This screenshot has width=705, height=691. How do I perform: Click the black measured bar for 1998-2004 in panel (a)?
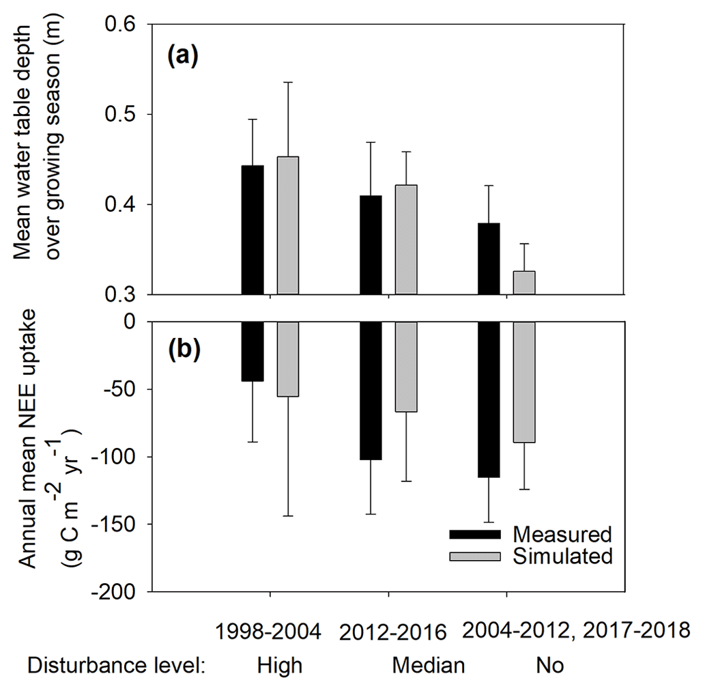(253, 230)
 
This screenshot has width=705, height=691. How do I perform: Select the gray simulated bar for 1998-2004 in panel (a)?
(287, 226)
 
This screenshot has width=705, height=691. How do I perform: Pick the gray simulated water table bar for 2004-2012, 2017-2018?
(523, 283)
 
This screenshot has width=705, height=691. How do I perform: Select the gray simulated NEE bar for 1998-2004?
(287, 359)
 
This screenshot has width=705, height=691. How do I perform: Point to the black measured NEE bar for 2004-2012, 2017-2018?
(489, 399)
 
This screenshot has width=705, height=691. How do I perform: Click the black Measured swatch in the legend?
(474, 533)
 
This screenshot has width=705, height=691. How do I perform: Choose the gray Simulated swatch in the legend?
(474, 556)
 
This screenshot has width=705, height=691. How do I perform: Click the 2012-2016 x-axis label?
(392, 632)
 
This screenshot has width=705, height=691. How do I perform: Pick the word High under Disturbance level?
(279, 665)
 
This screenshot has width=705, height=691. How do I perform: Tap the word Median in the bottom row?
(428, 665)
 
